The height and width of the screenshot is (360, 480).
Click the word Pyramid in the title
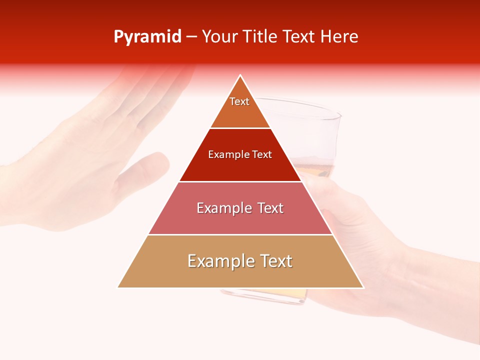pos(147,37)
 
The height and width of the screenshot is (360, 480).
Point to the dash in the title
pos(191,37)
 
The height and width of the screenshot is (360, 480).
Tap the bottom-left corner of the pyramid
pos(118,287)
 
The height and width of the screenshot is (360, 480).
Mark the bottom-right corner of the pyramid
pos(363,287)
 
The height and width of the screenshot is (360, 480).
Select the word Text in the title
pos(299,37)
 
